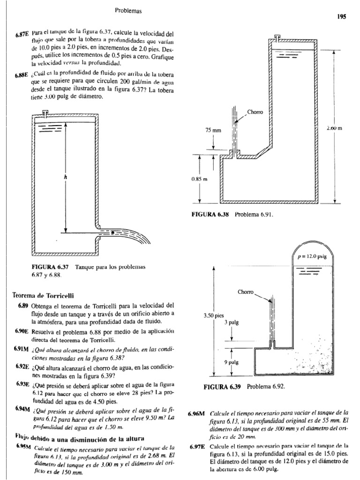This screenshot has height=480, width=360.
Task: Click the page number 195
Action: [341, 16]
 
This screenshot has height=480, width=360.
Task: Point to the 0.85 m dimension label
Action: [200, 179]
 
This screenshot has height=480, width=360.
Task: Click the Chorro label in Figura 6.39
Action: [246, 292]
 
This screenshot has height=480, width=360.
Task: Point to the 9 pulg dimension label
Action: [232, 362]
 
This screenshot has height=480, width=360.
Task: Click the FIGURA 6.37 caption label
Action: [50, 267]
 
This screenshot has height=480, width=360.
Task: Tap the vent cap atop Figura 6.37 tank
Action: [45, 112]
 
